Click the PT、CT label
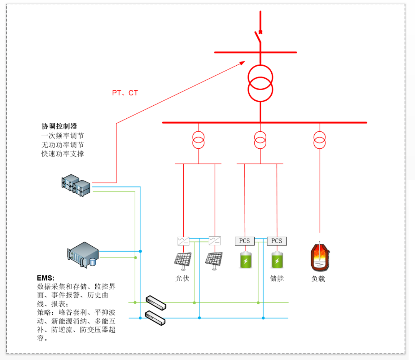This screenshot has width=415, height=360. pyautogui.click(x=125, y=93)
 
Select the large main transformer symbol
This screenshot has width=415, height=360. pyautogui.click(x=260, y=83)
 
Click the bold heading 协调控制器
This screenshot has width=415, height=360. pyautogui.click(x=60, y=126)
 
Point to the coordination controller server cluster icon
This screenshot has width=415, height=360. pyautogui.click(x=76, y=186)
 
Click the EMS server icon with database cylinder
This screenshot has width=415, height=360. pyautogui.click(x=83, y=254)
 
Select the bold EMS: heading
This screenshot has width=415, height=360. pyautogui.click(x=46, y=277)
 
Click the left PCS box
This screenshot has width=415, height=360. pyautogui.click(x=244, y=241)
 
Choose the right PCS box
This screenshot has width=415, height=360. pyautogui.click(x=277, y=241)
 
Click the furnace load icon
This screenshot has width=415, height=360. pyautogui.click(x=320, y=256)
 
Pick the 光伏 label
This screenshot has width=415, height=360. pyautogui.click(x=183, y=278)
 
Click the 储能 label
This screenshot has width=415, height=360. pyautogui.click(x=277, y=278)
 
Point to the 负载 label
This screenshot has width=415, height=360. pyautogui.click(x=318, y=279)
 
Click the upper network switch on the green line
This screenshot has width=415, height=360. pyautogui.click(x=156, y=302)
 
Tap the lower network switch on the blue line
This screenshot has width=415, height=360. pyautogui.click(x=155, y=318)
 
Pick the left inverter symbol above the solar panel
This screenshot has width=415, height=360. pyautogui.click(x=183, y=241)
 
